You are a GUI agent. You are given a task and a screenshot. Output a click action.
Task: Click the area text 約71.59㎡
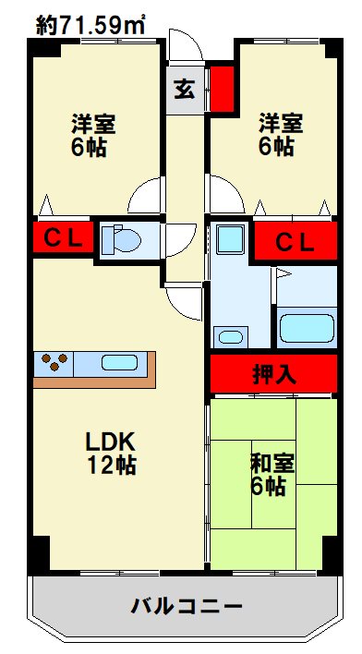point(90,25)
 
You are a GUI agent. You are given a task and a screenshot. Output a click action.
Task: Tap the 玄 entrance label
point(185,90)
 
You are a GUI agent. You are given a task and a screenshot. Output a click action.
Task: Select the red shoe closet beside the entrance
point(222,89)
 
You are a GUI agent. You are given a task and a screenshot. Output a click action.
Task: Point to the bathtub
point(307,329)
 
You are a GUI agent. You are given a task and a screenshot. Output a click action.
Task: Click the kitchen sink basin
point(120,362)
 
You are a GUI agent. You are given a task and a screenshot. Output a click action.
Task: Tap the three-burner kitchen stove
point(54,362)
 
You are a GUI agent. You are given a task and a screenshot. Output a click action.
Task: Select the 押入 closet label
point(275,375)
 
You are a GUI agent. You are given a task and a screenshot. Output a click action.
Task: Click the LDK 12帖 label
point(112,454)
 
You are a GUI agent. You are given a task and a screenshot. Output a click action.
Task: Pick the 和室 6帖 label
point(271,474)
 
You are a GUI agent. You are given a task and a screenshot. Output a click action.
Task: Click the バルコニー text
point(187,605)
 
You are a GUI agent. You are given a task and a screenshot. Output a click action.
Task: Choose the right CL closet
point(296,241)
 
